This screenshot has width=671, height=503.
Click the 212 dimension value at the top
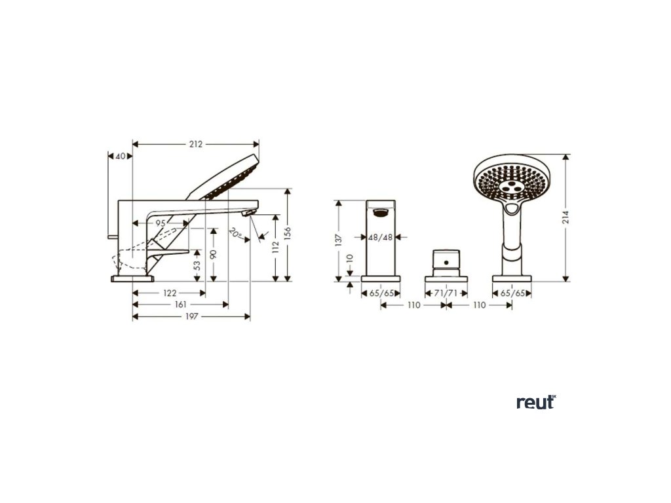pos(195,144)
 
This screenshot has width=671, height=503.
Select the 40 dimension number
pos(120,156)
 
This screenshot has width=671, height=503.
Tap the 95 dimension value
pos(160,223)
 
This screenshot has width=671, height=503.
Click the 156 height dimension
pos(288,234)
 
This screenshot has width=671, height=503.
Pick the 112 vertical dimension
pos(275,248)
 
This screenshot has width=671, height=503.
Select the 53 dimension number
pos(197,265)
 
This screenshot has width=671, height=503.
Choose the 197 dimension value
pos(191,316)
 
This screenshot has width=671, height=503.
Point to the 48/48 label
pos(381,237)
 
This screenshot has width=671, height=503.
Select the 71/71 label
pos(446,293)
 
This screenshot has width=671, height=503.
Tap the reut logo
pos(535,402)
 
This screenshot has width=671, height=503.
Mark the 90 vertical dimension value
pos(213,254)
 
